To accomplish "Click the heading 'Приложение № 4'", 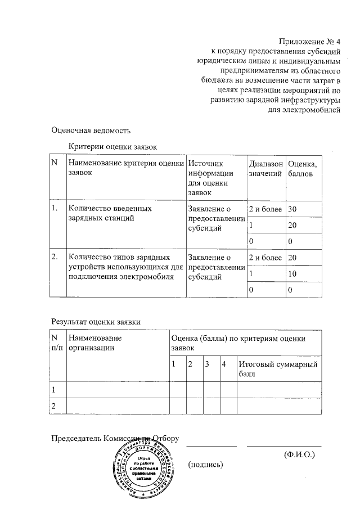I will point(310,42).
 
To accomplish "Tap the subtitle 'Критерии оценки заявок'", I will point(112,146).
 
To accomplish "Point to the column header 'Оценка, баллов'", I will point(302,169).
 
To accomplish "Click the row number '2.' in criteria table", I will point(55,258).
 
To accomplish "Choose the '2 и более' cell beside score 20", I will point(264,258).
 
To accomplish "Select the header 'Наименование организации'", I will point(94,343).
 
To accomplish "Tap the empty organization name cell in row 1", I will point(118,390).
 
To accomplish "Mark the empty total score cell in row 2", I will point(278,406).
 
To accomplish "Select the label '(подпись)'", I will point(206,464).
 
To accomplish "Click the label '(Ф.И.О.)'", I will point(299,453).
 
